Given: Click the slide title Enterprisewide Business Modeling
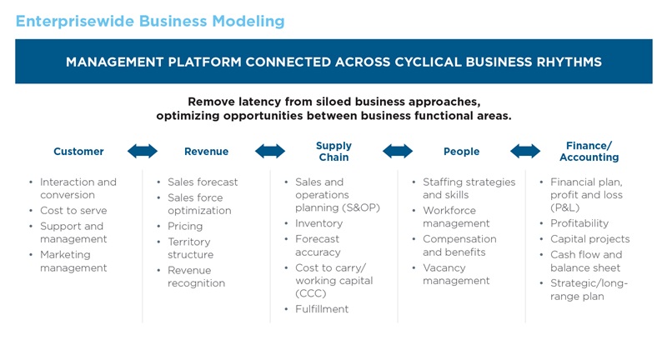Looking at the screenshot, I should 150,21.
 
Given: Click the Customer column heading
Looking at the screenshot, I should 78,152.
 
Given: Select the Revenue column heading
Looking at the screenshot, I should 206,152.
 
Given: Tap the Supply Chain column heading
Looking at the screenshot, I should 333,152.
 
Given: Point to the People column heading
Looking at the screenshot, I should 461,152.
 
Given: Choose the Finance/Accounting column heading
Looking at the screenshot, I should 589,152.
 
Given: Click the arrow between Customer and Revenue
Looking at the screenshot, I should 142,151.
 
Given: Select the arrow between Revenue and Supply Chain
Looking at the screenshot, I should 269,151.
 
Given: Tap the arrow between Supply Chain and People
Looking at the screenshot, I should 397,151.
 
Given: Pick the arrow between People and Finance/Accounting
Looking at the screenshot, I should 525,151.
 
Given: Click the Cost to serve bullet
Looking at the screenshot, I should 73,211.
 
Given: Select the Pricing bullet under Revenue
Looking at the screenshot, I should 185,226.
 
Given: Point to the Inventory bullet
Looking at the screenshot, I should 318,223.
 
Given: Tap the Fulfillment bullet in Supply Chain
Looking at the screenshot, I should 322,309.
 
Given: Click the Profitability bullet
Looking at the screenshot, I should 579,223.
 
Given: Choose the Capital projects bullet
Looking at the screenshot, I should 589,239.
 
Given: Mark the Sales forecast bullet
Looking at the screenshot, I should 203,182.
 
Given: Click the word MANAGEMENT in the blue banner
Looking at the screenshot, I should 117,62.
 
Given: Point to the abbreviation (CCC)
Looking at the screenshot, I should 310,293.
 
